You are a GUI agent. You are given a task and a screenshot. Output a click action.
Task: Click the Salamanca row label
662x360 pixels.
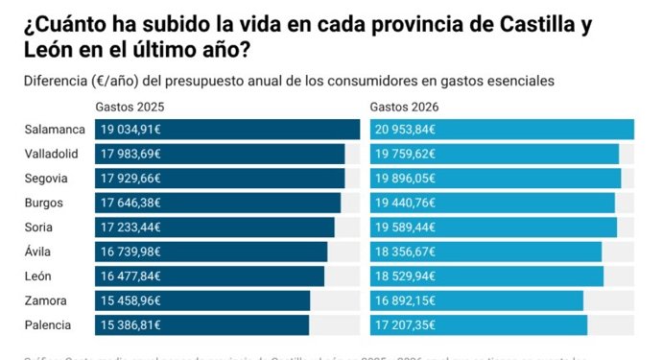click(55, 130)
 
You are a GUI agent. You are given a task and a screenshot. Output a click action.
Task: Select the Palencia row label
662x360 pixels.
click(49, 325)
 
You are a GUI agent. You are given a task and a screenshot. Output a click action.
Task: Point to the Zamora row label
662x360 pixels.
click(47, 300)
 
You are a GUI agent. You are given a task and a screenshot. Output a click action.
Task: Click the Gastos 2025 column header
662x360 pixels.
click(129, 106)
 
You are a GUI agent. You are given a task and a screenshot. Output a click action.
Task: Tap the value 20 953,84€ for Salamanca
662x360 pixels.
click(407, 130)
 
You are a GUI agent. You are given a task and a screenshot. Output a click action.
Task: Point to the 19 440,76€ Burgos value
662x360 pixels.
click(407, 203)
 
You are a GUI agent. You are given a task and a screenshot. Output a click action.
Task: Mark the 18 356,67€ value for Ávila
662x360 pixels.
click(407, 252)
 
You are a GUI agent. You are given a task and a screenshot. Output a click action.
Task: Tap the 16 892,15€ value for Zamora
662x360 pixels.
click(407, 300)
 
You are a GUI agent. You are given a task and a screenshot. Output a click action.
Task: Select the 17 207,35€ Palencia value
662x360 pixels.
click(407, 325)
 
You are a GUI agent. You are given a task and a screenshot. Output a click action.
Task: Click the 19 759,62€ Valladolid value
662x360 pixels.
click(407, 154)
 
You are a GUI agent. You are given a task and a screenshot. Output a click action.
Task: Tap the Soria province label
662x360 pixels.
click(40, 228)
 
